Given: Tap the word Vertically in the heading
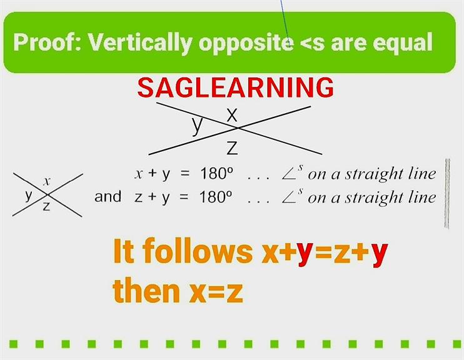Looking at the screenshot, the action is pos(141,43).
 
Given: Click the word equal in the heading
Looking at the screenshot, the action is pos(403,43).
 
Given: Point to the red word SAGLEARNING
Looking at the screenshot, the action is pos(236,87).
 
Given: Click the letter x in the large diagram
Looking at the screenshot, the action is pos(232,115).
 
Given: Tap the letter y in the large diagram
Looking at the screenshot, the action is pos(197,126).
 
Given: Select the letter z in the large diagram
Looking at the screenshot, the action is pos(232,147).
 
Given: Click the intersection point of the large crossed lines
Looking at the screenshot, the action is pos(238,128).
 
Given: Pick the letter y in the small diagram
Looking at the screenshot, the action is pos(29,196).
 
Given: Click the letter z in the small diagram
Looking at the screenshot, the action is pos(46,206).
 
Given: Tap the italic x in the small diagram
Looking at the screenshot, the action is pos(46,182).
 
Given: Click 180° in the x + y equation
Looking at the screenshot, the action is pos(216,174).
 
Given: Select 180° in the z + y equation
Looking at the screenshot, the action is pos(216,197).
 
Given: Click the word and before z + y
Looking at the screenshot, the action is pos(108,197).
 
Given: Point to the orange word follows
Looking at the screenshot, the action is pos(198,251).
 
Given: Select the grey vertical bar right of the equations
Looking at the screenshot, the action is pos(447,194).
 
